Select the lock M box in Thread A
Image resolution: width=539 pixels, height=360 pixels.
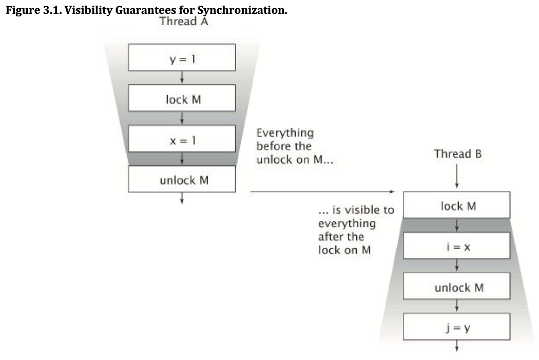(x=182, y=99)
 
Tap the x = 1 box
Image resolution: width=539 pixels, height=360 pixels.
(x=182, y=139)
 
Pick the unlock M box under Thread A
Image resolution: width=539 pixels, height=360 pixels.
(x=182, y=180)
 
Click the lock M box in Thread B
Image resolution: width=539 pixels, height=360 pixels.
(x=457, y=205)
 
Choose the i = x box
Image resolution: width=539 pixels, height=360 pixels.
(x=457, y=247)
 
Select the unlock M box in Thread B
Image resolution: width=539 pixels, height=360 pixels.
(x=457, y=287)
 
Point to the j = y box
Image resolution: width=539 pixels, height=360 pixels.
(x=457, y=327)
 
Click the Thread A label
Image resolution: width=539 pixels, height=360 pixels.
(x=184, y=22)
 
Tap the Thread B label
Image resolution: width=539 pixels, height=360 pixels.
(x=457, y=154)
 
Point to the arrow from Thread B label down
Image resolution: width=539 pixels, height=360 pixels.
(x=457, y=178)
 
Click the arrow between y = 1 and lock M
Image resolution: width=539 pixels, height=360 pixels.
(x=182, y=78)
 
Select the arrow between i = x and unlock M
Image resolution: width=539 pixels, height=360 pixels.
(x=457, y=267)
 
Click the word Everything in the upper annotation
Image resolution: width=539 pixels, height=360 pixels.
(x=285, y=132)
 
